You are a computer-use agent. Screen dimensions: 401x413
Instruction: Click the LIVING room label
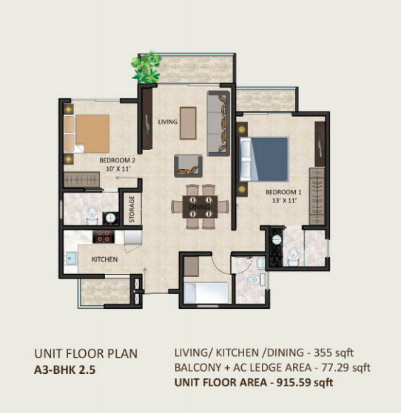click(x=167, y=122)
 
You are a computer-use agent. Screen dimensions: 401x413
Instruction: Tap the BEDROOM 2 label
click(x=117, y=160)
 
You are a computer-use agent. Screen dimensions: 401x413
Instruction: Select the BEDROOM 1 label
click(x=283, y=192)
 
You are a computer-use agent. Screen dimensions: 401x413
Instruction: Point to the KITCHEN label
click(x=104, y=259)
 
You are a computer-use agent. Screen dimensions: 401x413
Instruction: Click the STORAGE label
click(x=132, y=209)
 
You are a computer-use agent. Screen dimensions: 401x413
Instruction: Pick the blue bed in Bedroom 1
click(x=263, y=159)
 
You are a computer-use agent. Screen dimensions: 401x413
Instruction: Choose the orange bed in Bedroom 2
click(x=87, y=134)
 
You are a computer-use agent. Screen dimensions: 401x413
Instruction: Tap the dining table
click(x=200, y=207)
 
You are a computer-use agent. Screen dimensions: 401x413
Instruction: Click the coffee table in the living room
click(x=188, y=123)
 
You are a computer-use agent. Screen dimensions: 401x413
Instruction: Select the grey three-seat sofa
click(x=218, y=123)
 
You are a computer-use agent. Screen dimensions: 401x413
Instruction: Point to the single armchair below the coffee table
click(x=188, y=165)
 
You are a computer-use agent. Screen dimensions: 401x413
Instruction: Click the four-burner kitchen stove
click(x=104, y=236)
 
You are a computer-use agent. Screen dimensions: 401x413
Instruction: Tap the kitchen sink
click(x=71, y=259)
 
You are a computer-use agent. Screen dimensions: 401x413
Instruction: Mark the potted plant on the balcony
click(x=146, y=67)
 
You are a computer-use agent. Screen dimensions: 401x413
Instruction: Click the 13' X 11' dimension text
click(x=284, y=200)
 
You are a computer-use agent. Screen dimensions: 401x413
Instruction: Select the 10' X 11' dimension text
click(x=118, y=169)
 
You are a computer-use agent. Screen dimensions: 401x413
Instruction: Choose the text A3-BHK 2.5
click(x=64, y=370)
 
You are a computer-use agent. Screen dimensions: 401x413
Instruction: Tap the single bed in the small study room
click(x=206, y=293)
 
